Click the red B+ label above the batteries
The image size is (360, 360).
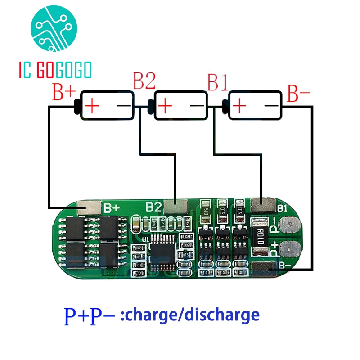64,92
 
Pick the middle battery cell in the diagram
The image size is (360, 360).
180,106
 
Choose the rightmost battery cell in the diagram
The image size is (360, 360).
255,106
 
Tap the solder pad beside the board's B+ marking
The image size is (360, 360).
89,207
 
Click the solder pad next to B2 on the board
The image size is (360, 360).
175,207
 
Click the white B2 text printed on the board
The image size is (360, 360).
153,207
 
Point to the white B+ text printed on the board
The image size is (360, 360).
111,208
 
